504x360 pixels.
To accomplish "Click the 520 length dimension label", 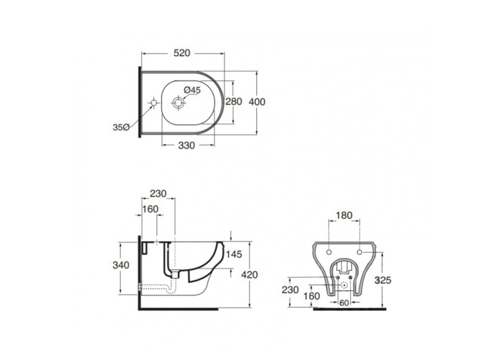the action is click(182, 53).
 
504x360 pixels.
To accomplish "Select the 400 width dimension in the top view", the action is click(257, 102).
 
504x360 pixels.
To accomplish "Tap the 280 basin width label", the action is click(234, 102).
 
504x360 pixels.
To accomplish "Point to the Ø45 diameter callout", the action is click(192, 90).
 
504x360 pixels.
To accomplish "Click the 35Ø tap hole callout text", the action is click(121, 127).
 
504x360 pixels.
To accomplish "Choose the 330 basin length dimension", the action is click(186, 145).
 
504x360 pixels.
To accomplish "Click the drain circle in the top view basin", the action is click(178, 103).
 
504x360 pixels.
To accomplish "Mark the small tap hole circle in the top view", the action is click(153, 102).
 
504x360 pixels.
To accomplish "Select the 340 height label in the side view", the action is click(121, 265).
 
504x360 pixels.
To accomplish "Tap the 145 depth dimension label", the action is click(234, 254).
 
